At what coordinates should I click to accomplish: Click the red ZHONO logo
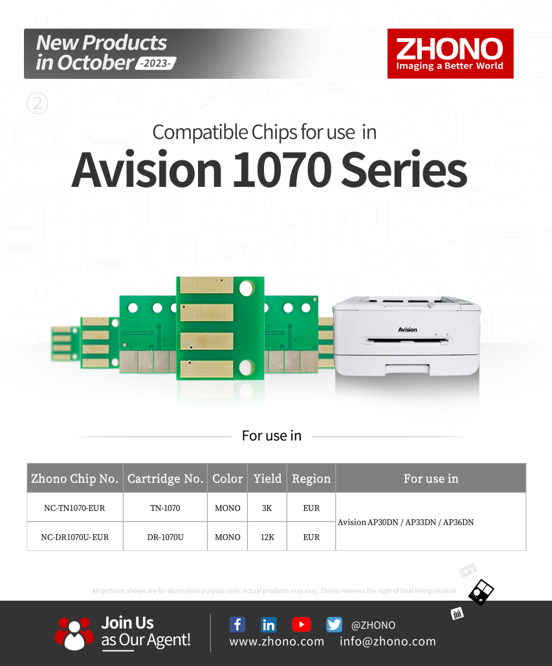click(x=450, y=54)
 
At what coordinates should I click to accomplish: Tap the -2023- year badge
click(x=156, y=63)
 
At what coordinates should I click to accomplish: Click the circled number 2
click(x=38, y=103)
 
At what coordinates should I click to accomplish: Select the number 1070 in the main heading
click(x=282, y=169)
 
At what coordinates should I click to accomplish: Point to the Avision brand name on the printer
click(x=408, y=330)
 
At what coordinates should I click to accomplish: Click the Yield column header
click(x=267, y=478)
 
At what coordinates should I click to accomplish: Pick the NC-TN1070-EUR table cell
click(x=75, y=508)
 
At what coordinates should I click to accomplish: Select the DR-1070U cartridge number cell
click(x=165, y=537)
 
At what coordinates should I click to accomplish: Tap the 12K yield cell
click(x=267, y=537)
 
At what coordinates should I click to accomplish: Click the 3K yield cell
click(x=267, y=508)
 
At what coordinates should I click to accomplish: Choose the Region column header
click(x=311, y=478)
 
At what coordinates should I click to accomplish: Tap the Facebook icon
click(x=237, y=625)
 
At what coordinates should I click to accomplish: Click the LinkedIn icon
click(x=269, y=625)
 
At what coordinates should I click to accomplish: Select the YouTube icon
click(x=302, y=625)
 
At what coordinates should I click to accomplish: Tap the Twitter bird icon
click(x=334, y=625)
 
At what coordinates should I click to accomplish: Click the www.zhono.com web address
click(x=276, y=641)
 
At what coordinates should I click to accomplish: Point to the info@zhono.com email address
click(x=388, y=641)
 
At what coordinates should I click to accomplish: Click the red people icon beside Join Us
click(x=74, y=633)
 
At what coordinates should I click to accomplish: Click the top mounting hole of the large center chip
click(x=246, y=288)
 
